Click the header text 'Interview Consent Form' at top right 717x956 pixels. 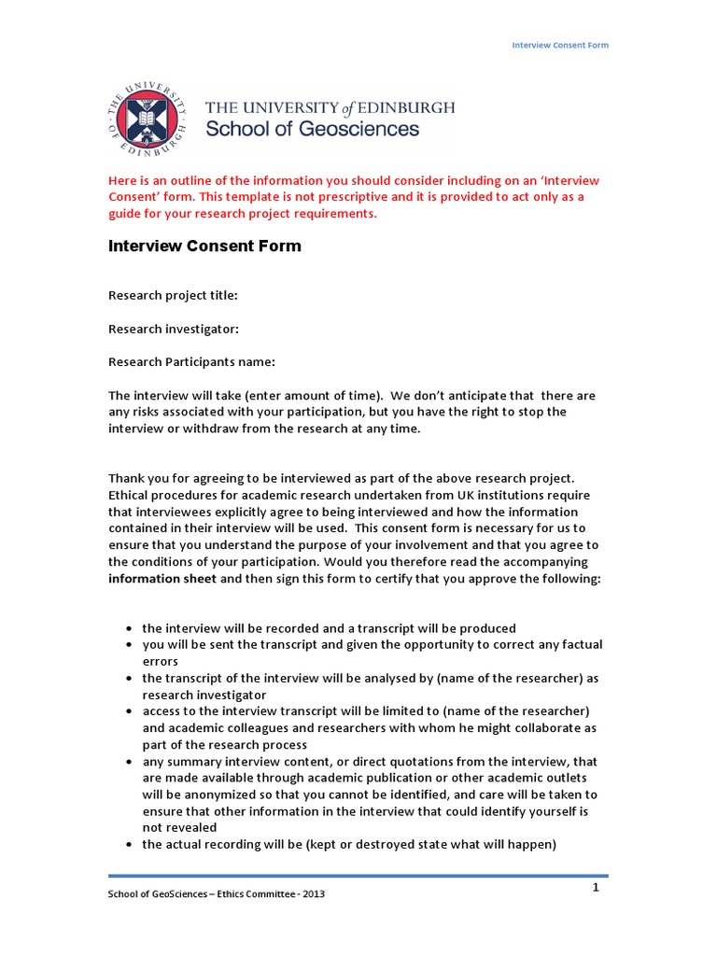point(561,45)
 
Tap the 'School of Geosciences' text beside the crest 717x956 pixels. point(312,130)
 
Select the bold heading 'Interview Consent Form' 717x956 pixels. point(204,246)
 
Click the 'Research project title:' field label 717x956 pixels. point(173,295)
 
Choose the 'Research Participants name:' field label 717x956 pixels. point(191,362)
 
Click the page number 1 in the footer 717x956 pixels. point(595,887)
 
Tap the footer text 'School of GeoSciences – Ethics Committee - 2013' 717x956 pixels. point(217,893)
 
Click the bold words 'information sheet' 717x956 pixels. point(162,578)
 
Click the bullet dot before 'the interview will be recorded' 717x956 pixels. point(129,629)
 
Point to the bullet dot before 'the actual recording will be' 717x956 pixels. point(129,846)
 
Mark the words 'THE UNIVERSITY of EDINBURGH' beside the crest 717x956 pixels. point(330,107)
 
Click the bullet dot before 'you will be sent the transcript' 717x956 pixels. point(129,645)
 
